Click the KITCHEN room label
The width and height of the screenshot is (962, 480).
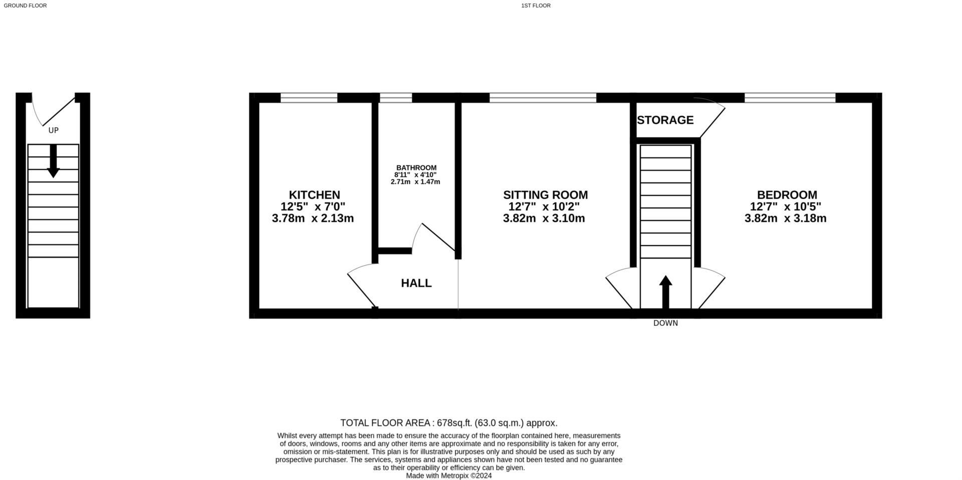coord(314,195)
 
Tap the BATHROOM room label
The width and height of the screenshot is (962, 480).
coord(416,168)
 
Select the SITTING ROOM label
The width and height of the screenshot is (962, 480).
coord(545,195)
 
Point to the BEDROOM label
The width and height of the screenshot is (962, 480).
coord(787,195)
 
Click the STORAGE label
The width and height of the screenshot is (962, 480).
coord(665,120)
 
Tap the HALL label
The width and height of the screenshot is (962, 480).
coord(416,283)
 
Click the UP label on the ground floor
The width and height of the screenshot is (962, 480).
coord(53,130)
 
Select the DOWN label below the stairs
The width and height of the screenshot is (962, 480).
coord(665,323)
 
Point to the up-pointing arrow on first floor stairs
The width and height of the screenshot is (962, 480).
coord(665,292)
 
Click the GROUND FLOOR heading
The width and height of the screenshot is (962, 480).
coord(25,6)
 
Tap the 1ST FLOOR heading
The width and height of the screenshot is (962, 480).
coord(536,6)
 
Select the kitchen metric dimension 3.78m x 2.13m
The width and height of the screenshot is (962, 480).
coord(313,218)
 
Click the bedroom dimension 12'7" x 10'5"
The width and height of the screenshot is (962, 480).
coord(785,206)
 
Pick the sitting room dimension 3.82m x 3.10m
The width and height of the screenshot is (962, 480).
coord(544,218)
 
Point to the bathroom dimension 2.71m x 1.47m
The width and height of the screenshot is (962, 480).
coord(415,182)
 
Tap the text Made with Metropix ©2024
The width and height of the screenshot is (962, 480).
coord(448,476)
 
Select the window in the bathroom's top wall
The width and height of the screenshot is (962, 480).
coord(396,98)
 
